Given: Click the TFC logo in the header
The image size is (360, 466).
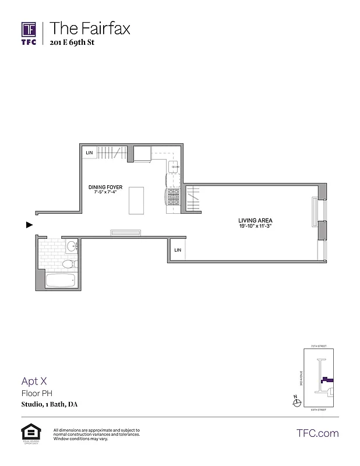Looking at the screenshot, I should pyautogui.click(x=29, y=33).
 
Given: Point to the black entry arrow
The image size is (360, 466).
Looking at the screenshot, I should pyautogui.click(x=29, y=224).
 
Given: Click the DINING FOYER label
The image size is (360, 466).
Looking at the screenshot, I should pyautogui.click(x=105, y=187).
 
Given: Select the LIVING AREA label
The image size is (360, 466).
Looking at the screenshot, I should pyautogui.click(x=255, y=220).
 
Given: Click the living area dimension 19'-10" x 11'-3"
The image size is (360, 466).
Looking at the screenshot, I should pyautogui.click(x=255, y=226).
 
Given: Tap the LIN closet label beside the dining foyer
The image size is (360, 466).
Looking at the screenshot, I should pyautogui.click(x=89, y=153).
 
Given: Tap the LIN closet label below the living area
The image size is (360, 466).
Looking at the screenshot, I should pyautogui.click(x=178, y=250).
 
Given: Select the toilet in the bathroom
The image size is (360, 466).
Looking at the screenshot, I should pyautogui.click(x=69, y=264).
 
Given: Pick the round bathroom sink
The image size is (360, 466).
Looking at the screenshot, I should pyautogui.click(x=72, y=246).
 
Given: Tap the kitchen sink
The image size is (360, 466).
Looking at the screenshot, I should pyautogui.click(x=174, y=167).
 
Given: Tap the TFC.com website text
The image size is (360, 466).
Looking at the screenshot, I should pyautogui.click(x=317, y=433).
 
